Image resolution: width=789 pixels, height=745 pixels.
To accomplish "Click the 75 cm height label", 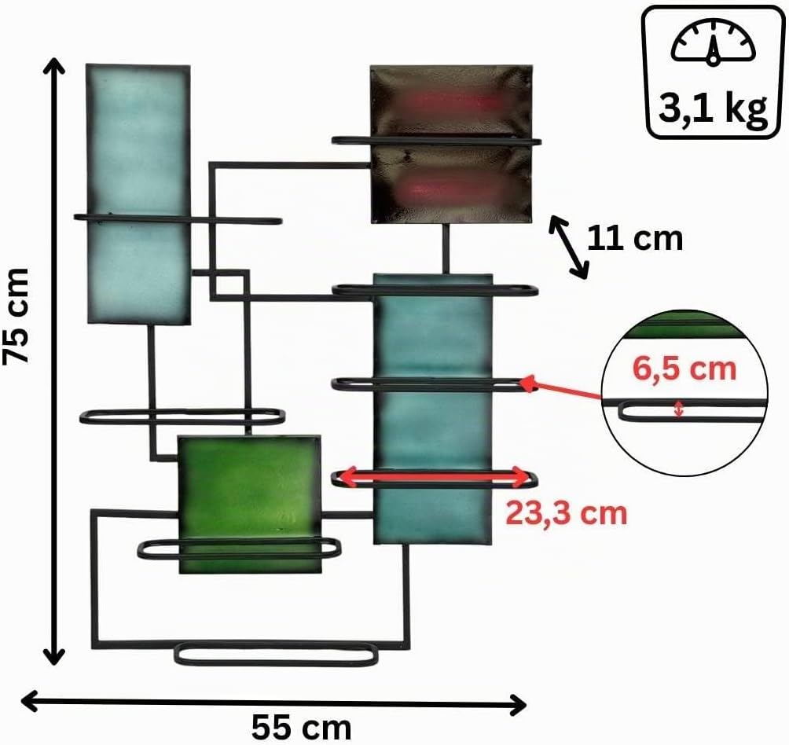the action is click(x=16, y=315).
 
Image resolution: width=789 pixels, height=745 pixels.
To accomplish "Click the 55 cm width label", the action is click(x=301, y=727).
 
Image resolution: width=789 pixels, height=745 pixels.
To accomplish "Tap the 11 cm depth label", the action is click(x=634, y=238).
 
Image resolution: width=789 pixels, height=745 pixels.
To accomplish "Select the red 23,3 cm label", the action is click(x=567, y=514).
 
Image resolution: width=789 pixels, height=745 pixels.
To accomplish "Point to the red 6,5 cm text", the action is click(x=684, y=369).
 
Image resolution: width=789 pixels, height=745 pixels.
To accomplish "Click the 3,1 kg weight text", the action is click(x=713, y=109).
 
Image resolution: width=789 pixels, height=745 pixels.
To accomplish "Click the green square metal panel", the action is click(x=250, y=505).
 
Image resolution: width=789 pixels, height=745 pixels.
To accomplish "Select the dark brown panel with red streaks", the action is click(x=451, y=144).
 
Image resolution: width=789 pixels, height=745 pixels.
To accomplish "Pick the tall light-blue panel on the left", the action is click(x=138, y=193).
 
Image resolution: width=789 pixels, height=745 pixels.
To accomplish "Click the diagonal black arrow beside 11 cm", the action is click(x=569, y=247).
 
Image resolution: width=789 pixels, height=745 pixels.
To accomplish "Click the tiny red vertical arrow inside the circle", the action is click(x=679, y=409).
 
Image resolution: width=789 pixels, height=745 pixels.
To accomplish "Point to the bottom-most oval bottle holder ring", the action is click(x=277, y=654).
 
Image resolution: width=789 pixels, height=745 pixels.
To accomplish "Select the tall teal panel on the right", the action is click(x=433, y=409).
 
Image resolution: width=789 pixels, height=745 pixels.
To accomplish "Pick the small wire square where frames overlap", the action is click(x=229, y=284).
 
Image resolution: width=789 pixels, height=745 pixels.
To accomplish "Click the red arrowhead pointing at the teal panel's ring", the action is click(x=527, y=384).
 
